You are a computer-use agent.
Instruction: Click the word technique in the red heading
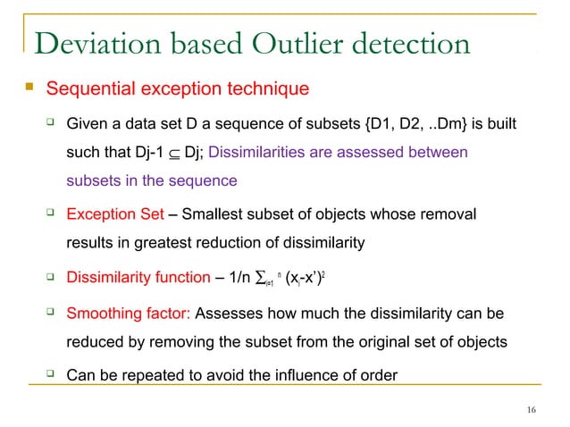tap(271, 89)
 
